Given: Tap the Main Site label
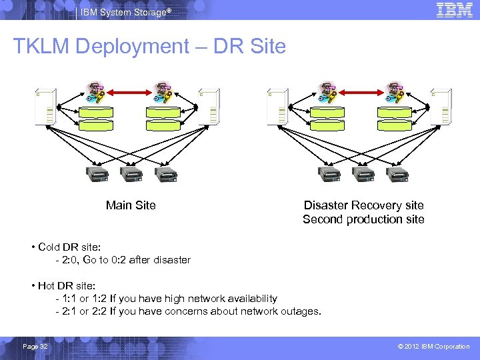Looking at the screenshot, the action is point(131,205).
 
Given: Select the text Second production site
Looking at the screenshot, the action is point(363,219).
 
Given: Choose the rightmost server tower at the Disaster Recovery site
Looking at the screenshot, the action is point(440,107).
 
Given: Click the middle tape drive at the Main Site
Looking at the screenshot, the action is point(131,175).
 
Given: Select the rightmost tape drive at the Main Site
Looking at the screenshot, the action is point(165,175).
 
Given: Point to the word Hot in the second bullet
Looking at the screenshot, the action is point(47,286).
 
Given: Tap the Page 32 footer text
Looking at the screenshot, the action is point(35,346).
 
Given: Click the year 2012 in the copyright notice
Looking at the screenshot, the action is point(415,347).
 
